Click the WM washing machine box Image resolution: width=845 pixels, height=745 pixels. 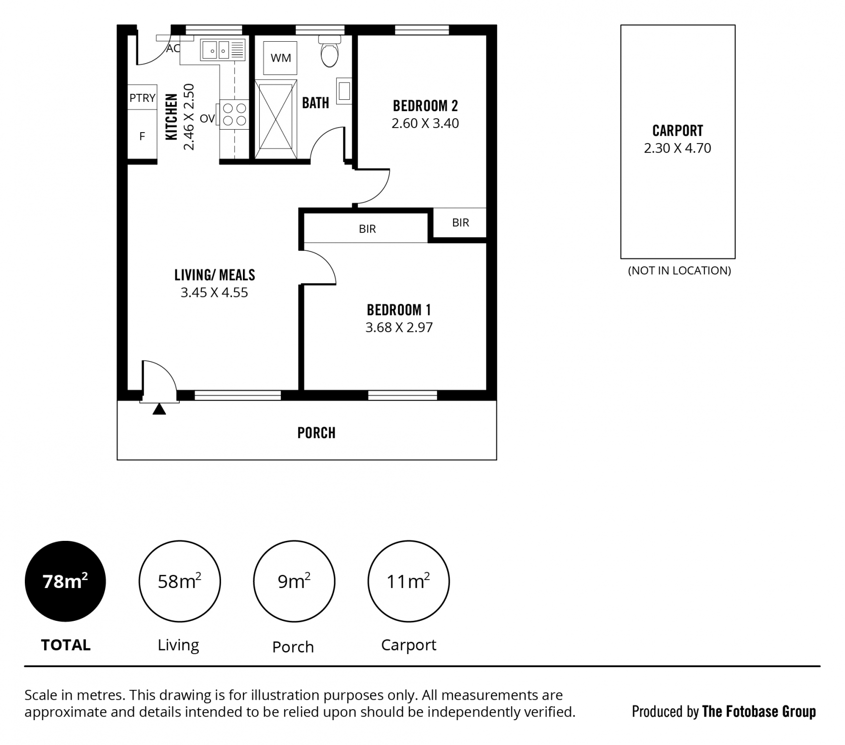281,58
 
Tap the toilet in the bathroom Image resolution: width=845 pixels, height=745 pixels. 329,51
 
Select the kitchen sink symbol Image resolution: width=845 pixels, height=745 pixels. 223,50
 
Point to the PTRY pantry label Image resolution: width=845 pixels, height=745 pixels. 143,98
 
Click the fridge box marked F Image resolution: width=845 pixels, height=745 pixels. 143,135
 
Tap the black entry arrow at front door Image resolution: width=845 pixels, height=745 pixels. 159,409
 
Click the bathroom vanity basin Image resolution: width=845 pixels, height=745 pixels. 344,91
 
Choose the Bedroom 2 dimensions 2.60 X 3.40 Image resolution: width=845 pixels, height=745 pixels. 425,123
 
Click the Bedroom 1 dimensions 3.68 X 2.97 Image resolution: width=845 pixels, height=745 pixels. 399,327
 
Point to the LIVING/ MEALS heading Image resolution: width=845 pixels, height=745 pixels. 215,275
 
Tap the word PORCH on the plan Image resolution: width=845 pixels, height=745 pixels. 316,433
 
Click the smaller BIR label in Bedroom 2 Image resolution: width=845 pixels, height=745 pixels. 461,223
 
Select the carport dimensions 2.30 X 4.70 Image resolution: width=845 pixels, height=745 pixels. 678,148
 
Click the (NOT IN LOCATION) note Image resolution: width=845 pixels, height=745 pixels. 680,271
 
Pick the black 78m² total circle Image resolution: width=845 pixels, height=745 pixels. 65,581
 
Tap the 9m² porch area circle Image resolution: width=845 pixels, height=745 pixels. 294,581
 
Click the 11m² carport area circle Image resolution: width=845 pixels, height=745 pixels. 408,581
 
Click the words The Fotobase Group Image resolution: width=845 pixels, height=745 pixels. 759,712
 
